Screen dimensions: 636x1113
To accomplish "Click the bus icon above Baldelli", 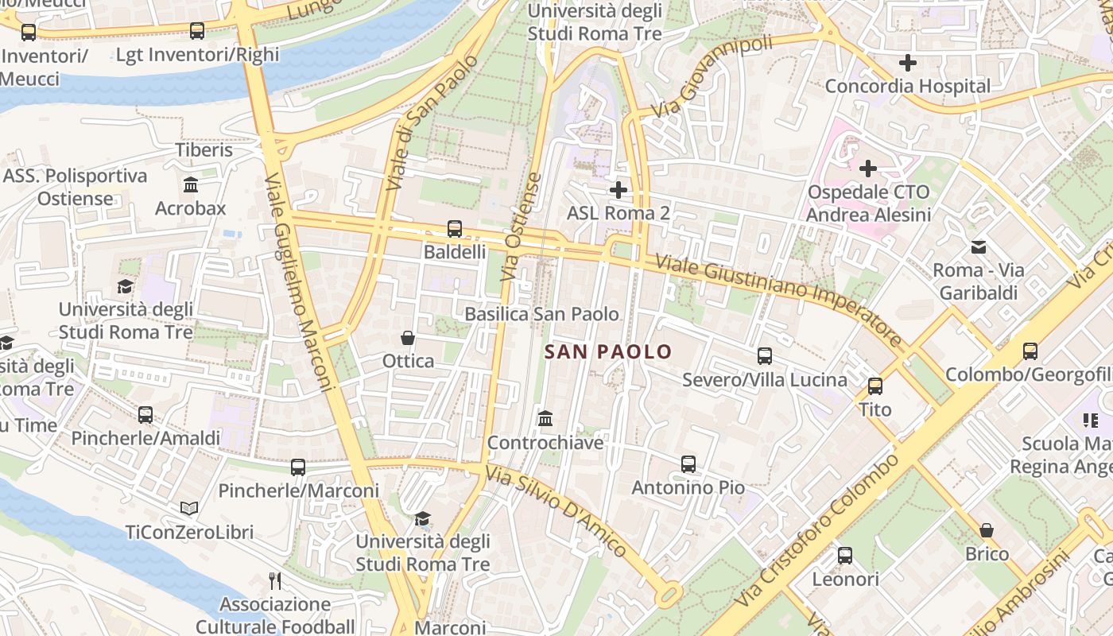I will (455, 229).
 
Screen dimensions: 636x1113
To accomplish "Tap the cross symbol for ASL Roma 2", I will (618, 190).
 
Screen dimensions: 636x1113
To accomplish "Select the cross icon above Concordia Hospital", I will (907, 63).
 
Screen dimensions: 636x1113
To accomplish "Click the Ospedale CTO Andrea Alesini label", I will (867, 204).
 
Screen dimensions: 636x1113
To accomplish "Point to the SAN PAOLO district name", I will (609, 351).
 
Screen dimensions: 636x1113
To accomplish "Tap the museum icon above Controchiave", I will (545, 418).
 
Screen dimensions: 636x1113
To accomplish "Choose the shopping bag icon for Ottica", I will (408, 338).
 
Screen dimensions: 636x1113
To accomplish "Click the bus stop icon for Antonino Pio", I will (688, 463).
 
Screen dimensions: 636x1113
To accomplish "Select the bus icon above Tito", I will (875, 386).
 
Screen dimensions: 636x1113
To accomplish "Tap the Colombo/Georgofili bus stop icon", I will (1030, 351).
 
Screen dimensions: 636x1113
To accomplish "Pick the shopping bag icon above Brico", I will (987, 529).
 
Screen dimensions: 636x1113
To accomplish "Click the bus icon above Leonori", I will (845, 555).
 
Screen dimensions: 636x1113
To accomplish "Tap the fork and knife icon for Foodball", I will (275, 580).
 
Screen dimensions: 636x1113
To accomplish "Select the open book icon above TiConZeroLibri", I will (189, 508).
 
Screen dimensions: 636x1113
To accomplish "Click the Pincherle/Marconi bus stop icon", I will (298, 467).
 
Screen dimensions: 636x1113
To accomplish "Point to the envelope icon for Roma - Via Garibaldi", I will (979, 246).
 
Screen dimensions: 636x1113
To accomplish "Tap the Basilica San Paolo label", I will (541, 314).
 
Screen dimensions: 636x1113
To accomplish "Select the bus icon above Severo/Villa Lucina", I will (765, 356).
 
